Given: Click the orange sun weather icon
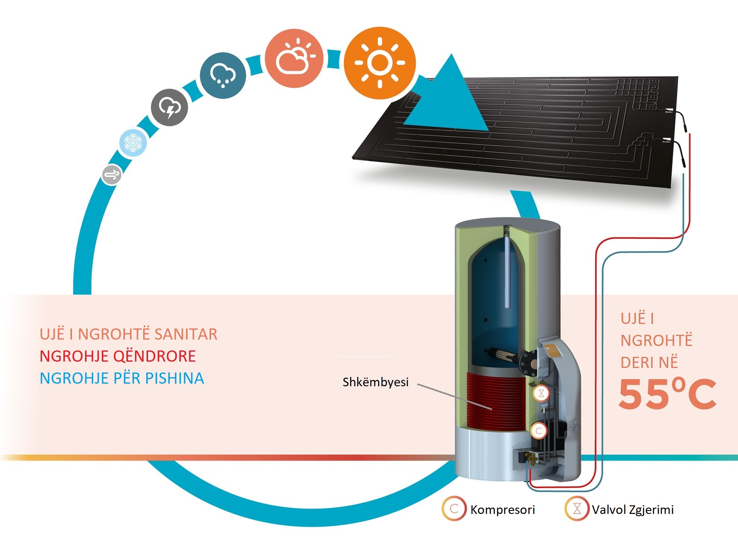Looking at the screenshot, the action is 380,63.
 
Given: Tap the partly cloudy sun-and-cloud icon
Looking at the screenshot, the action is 294,58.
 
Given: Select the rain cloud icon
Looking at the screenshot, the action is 223,75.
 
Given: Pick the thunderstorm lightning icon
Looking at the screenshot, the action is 169,107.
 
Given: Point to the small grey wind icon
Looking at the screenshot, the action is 112,174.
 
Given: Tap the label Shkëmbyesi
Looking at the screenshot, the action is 376,382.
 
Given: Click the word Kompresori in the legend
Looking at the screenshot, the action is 503,510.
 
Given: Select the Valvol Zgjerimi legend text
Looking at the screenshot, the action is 633,510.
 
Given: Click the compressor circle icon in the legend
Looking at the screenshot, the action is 454,509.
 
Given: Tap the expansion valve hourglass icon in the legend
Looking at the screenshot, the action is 577,509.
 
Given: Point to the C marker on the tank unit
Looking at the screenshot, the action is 538,431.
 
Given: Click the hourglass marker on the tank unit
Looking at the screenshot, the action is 541,393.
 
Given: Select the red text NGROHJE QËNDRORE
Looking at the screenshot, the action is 118,356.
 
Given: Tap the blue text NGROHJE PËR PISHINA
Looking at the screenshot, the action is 122,378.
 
